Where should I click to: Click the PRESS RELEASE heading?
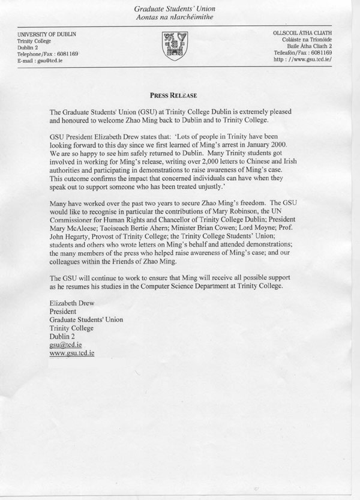tap(173, 95)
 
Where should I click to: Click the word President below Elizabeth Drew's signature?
tap(62, 312)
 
